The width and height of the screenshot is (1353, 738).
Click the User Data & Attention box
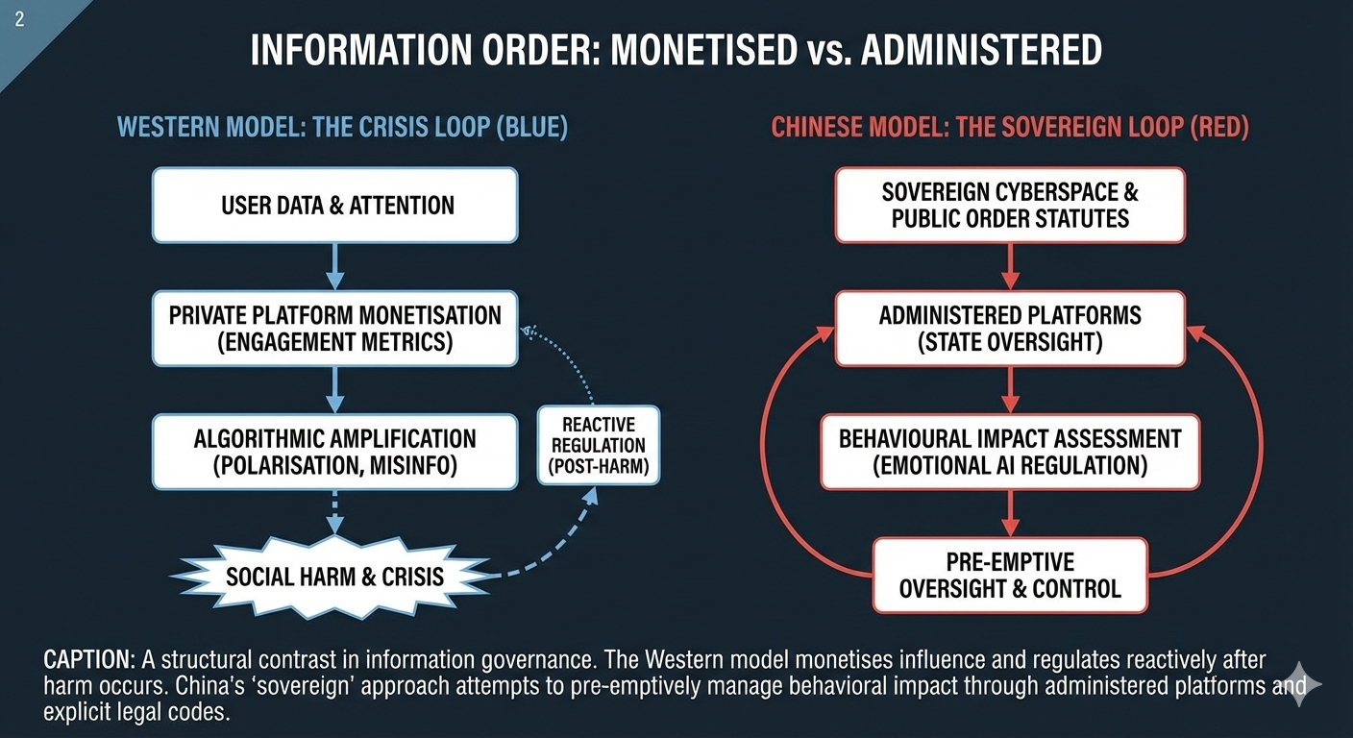334,205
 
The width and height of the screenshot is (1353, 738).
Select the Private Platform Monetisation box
334,329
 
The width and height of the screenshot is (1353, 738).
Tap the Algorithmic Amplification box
334,452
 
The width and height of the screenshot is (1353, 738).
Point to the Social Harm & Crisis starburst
334,577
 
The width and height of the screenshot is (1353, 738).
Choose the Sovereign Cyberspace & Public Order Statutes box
1009,205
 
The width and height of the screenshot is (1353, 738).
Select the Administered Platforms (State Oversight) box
1009,329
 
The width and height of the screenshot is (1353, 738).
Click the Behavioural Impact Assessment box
1009,452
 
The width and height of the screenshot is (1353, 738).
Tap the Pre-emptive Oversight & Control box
1009,575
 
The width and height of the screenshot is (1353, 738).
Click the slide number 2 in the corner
19,20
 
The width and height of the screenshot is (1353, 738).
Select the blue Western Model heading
341,128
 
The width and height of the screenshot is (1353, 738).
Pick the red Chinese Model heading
1009,128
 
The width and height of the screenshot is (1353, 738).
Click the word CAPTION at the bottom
89,660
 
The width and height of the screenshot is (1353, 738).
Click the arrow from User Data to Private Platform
334,266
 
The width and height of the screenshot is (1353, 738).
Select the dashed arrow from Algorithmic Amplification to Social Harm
334,512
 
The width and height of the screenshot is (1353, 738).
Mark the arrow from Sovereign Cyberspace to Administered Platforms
1009,266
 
